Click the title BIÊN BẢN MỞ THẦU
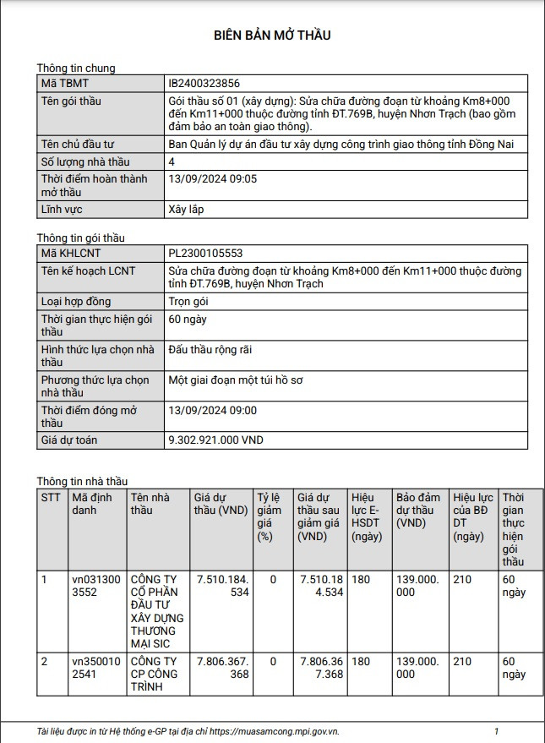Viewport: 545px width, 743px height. pos(272,35)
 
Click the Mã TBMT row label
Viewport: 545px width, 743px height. pos(64,84)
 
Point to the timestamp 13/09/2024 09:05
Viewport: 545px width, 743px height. pos(213,178)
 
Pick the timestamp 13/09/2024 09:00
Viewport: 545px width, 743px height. pos(213,410)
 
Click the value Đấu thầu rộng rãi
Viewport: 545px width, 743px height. pos(210,349)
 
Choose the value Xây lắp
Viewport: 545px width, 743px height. pos(187,209)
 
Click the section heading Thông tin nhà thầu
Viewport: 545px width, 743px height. pos(81,481)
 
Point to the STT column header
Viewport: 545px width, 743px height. pos(51,497)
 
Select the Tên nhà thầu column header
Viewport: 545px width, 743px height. pos(150,504)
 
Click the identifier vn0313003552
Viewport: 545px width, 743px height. pos(96,586)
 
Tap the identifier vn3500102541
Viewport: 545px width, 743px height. pos(96,668)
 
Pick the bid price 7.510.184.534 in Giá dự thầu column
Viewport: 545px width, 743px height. pos(222,586)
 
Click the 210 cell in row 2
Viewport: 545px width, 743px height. pos(462,661)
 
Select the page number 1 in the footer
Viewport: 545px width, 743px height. pos(496,730)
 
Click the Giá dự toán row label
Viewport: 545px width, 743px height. pos(69,440)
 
